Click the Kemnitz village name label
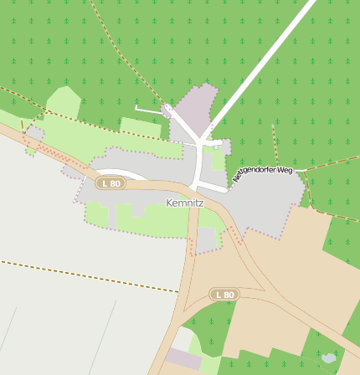[185, 203]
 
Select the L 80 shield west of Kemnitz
[109, 183]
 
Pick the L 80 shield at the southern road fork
[224, 295]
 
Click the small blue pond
[329, 358]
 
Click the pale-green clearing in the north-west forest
[63, 103]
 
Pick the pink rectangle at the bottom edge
[183, 359]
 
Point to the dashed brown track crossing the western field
[84, 275]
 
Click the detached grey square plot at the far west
[34, 133]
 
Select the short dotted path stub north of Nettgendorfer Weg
[275, 143]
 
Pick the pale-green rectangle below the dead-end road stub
[140, 127]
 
